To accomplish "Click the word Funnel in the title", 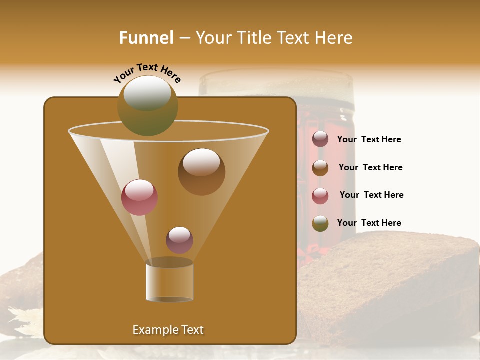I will tap(146, 38).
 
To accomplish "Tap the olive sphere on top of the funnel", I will tap(148, 105).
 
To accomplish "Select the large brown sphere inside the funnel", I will tap(201, 171).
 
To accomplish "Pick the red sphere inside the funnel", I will tap(140, 197).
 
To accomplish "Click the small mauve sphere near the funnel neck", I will tap(179, 240).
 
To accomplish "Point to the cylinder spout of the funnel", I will tap(169, 282).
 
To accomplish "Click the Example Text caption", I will tap(168, 330).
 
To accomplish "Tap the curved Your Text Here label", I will tap(147, 73).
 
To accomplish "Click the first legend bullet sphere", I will tap(320, 139).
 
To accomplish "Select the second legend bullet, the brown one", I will tap(320, 167).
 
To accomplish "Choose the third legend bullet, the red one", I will tap(320, 195).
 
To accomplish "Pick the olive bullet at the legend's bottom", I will tap(320, 223).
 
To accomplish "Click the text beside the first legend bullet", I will tap(369, 139).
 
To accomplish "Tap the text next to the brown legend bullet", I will tap(370, 167).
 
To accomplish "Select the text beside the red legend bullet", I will tap(371, 195).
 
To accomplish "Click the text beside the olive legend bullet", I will tap(369, 223).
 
